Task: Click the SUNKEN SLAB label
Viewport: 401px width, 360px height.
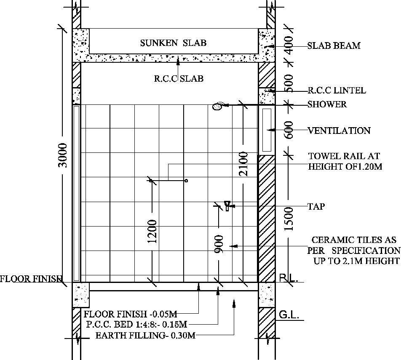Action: [173, 43]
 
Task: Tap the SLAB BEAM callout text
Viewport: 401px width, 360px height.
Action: [334, 46]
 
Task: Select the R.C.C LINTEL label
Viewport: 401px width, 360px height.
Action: [337, 91]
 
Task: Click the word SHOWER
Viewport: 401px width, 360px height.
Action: [327, 104]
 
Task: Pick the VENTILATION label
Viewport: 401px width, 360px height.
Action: [339, 131]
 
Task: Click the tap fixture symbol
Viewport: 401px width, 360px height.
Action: [227, 206]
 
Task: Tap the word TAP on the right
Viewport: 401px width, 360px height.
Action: [316, 207]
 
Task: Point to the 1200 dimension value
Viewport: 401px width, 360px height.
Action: [152, 231]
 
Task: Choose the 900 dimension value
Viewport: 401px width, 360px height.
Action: [219, 245]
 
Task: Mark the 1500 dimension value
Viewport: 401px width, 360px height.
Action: [289, 219]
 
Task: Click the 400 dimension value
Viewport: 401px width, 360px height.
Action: [289, 45]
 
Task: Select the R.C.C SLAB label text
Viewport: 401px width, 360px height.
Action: [179, 78]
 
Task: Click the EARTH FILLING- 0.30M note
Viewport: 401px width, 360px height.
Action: [145, 336]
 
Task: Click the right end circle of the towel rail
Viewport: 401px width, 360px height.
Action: [186, 181]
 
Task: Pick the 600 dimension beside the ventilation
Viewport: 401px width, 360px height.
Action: [289, 130]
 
